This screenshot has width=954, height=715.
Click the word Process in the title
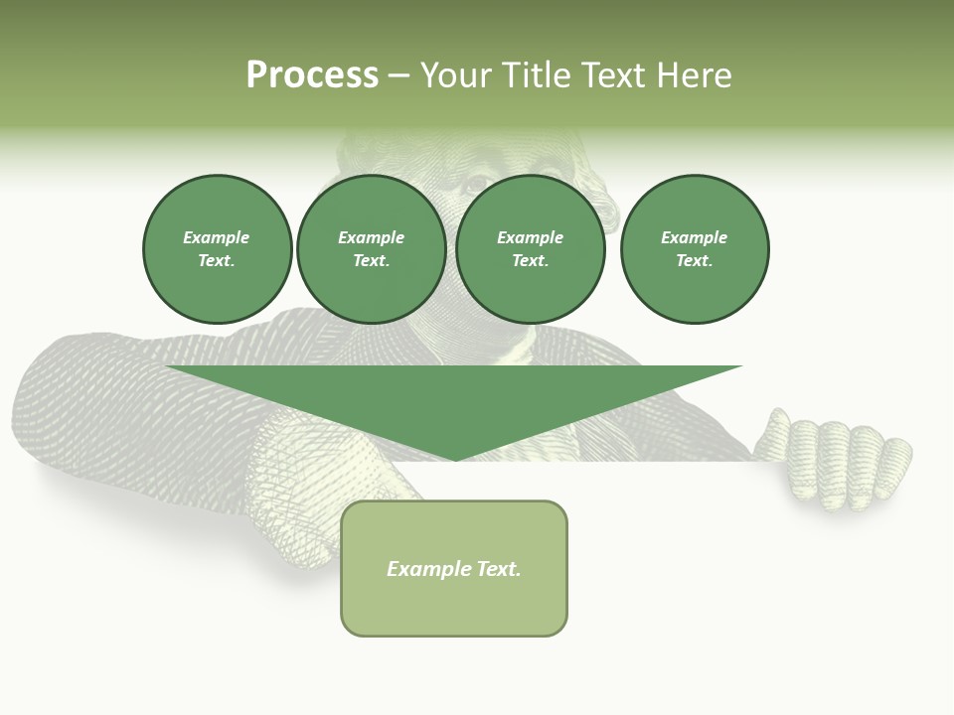click(x=312, y=74)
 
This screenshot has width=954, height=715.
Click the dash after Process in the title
click(x=399, y=76)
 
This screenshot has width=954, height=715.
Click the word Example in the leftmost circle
click(x=217, y=237)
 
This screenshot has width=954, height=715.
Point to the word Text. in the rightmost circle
click(x=695, y=260)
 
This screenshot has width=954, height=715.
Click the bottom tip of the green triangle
click(x=455, y=458)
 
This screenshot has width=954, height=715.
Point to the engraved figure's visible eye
click(x=478, y=184)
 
